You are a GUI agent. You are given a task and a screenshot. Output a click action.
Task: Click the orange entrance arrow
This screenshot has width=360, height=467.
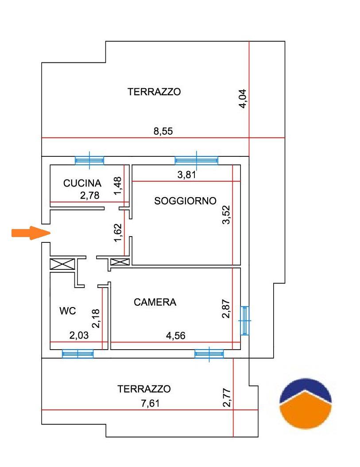(31, 233)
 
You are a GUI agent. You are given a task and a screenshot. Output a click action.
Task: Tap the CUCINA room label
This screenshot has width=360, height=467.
(82, 183)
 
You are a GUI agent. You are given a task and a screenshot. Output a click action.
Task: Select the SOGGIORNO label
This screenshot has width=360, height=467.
(185, 201)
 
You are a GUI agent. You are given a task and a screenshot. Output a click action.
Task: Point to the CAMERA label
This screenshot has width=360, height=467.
(155, 302)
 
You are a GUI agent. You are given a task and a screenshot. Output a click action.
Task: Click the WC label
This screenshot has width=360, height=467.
(68, 311)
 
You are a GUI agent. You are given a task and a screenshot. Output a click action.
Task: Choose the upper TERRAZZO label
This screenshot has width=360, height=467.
(154, 91)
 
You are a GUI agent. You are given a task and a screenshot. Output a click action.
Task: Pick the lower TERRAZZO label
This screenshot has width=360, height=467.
(144, 389)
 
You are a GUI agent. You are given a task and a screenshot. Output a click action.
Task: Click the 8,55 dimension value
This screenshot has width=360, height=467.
(163, 131)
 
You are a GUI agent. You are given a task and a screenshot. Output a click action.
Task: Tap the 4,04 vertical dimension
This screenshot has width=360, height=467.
(243, 98)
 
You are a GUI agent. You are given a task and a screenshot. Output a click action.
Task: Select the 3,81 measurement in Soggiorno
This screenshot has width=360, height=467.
(187, 175)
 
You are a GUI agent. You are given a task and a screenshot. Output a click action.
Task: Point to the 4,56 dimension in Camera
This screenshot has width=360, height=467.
(176, 336)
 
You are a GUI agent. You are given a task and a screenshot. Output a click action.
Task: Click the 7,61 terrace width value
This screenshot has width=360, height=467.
(151, 403)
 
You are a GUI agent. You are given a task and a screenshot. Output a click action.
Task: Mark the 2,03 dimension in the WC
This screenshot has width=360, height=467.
(79, 335)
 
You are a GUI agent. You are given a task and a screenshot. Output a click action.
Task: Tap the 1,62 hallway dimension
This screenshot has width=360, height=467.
(118, 233)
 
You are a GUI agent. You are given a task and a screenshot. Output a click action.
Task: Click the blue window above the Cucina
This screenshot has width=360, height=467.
(89, 160)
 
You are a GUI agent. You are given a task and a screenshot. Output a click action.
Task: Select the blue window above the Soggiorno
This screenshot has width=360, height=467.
(196, 160)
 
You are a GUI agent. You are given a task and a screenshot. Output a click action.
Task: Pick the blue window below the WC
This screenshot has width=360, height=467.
(78, 354)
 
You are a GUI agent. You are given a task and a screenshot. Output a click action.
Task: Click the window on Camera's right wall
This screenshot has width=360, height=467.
(245, 320)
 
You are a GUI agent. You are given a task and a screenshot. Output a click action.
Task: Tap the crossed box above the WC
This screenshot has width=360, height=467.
(62, 264)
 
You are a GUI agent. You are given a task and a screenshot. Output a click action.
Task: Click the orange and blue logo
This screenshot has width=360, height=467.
(306, 404)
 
